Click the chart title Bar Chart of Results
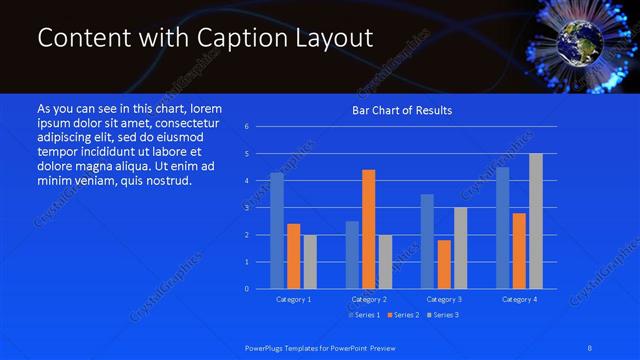(x=401, y=110)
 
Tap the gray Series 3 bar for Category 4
(x=536, y=221)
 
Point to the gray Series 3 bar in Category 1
(x=310, y=262)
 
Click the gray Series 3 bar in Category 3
(x=460, y=248)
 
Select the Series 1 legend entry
(x=363, y=315)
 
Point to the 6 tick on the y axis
(x=246, y=127)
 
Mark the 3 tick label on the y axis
(x=246, y=208)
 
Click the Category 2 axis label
(x=368, y=299)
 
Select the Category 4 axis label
(x=519, y=299)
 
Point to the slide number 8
(x=590, y=346)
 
